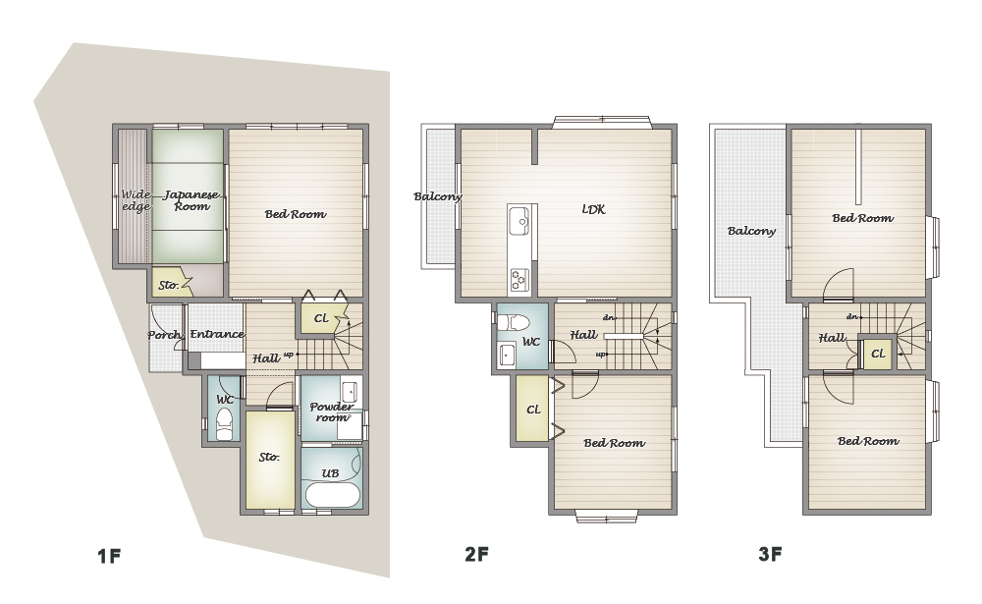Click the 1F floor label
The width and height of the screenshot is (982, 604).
click(108, 556)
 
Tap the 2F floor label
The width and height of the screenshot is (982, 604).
click(476, 554)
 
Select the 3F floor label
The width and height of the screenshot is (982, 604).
click(770, 554)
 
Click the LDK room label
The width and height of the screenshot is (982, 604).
click(593, 209)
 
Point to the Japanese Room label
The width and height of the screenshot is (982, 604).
click(191, 200)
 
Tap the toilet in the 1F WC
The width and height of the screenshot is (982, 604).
click(224, 424)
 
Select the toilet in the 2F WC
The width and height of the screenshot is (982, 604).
click(513, 323)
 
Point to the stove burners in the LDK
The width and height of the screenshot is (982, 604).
click(519, 280)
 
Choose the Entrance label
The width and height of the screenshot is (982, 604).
click(217, 334)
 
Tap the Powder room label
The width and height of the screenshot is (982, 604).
click(331, 412)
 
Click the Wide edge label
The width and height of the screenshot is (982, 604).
click(136, 200)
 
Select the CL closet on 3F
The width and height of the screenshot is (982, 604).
click(878, 354)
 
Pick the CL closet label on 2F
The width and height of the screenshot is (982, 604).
click(533, 410)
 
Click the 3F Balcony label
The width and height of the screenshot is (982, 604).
click(751, 231)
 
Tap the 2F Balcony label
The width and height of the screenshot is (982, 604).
click(438, 196)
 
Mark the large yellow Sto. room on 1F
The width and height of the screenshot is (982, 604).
click(270, 460)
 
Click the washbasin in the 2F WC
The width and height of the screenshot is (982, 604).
click(506, 356)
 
